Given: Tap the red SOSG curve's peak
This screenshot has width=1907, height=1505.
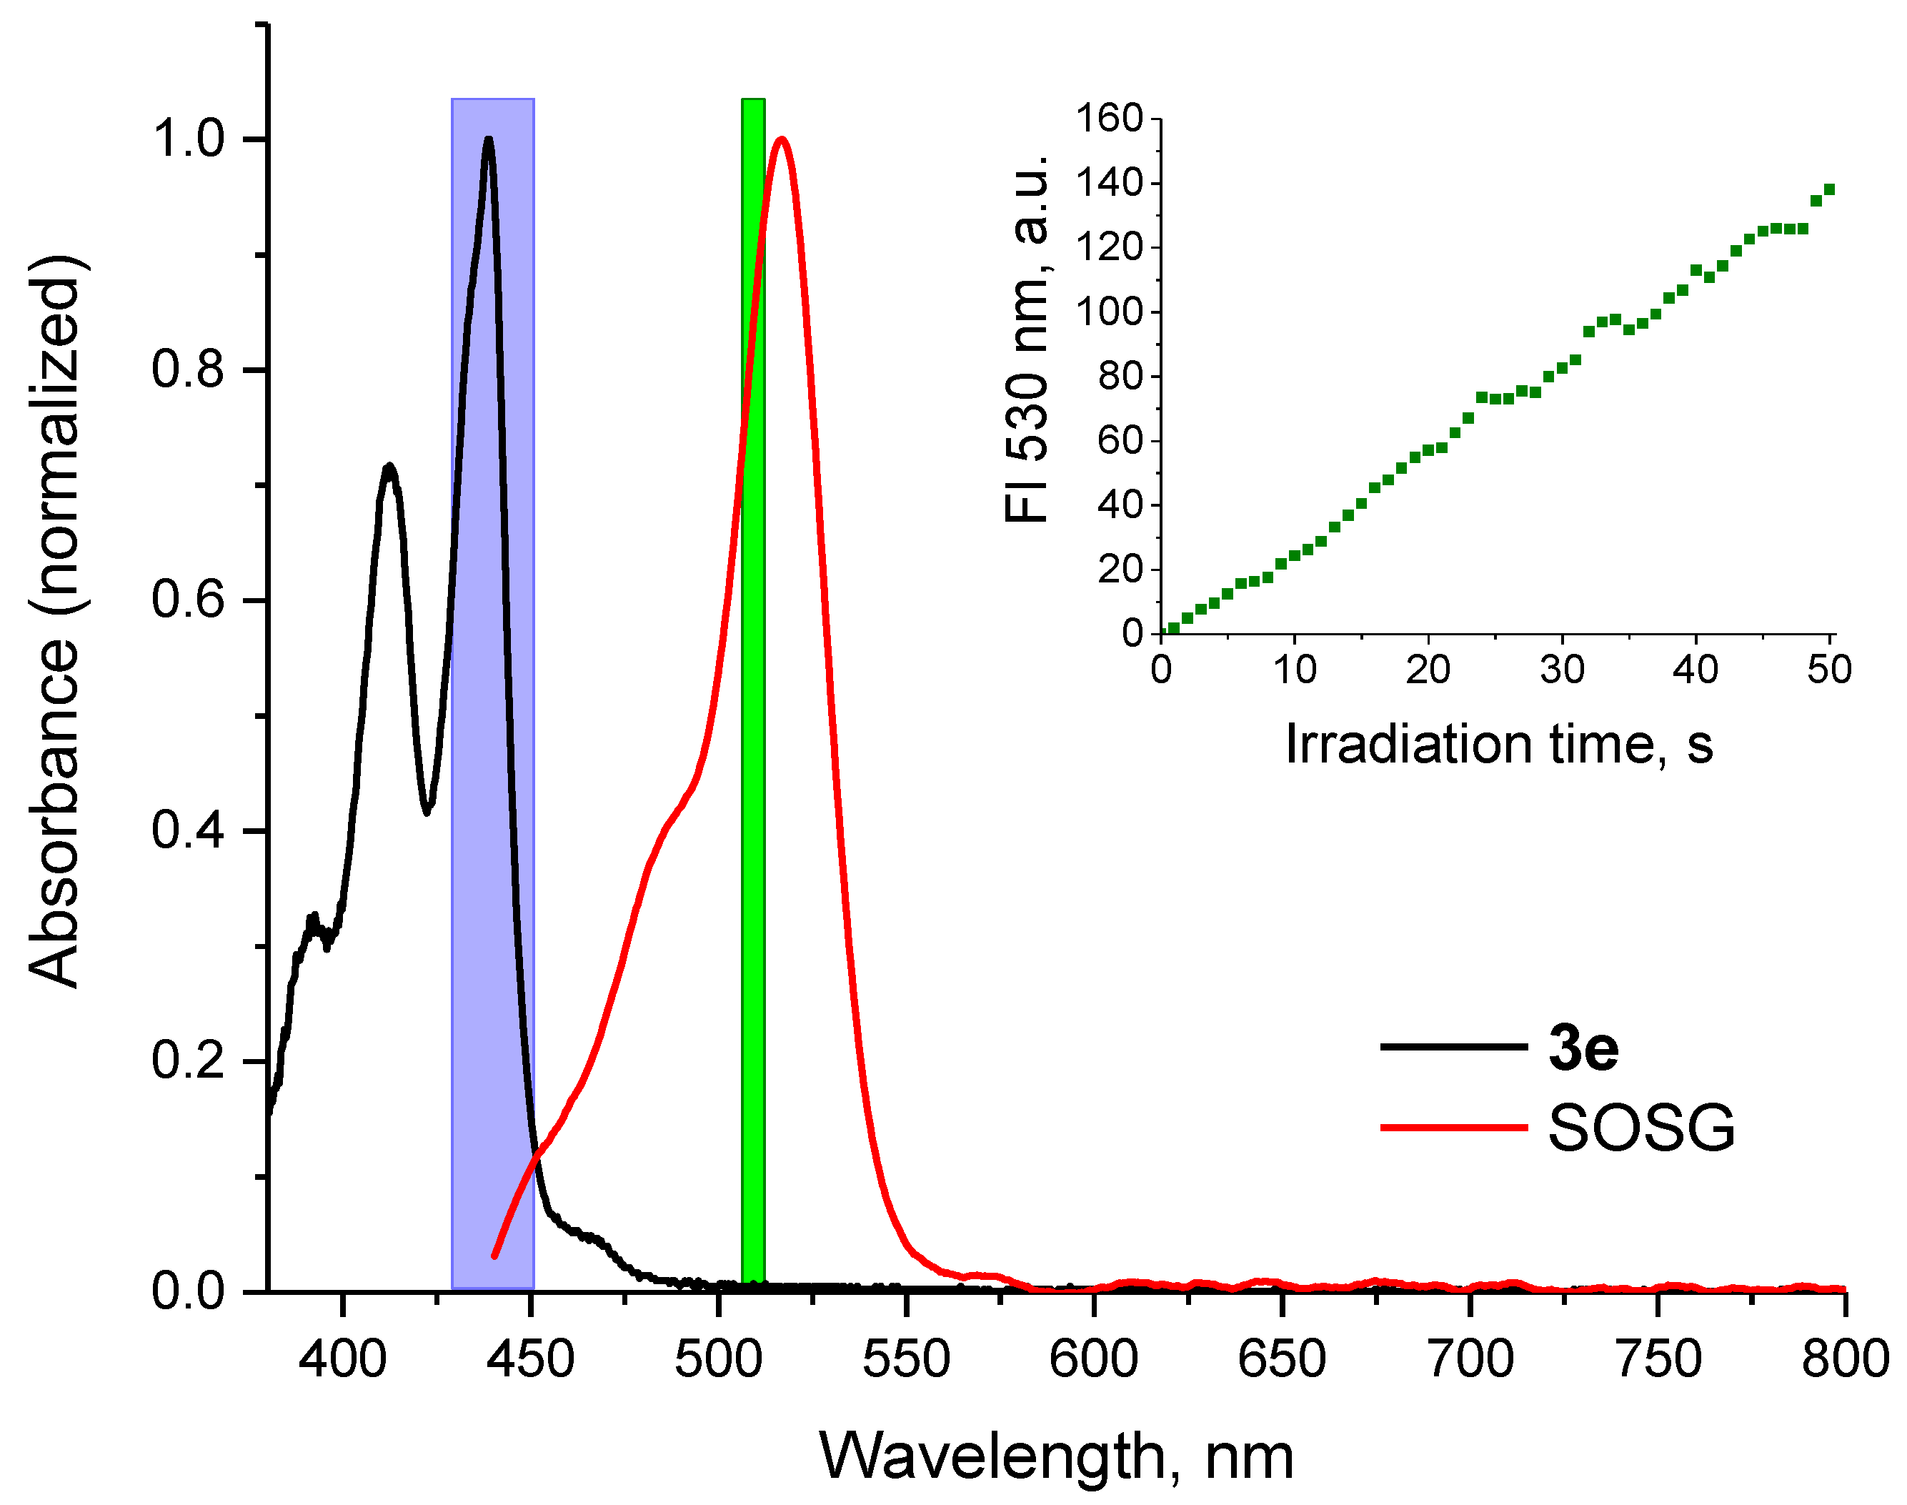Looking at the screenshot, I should pos(780,139).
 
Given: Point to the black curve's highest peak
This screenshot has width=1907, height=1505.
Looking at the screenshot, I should pos(488,139).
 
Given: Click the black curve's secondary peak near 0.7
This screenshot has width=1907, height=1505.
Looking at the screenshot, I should pos(389,467).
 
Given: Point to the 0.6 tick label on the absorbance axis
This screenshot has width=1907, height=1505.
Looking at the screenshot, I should pos(188,600).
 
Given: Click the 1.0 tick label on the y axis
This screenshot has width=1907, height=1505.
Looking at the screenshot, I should pos(188,139).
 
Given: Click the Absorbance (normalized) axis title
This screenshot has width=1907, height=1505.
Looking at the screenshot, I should pos(54,621).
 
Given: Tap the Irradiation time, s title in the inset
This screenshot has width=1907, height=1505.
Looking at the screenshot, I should pos(1498,745).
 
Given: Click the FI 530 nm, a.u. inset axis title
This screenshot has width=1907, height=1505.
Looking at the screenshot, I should pos(1026,339).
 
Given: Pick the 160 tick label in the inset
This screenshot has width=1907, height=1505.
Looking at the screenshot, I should pos(1109,117).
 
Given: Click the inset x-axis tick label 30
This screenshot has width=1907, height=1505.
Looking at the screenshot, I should pos(1562,670).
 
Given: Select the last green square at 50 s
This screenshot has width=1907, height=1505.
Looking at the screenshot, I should pos(1828,189).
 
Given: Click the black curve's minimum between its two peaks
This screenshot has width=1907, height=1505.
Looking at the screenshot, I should pos(427,810).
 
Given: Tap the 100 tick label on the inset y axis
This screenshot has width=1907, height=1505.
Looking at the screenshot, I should pos(1109,312).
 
